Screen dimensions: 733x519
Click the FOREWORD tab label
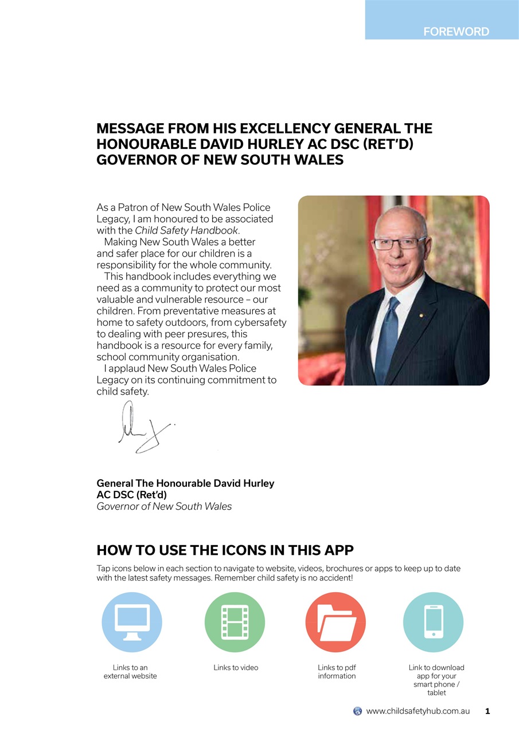click(456, 32)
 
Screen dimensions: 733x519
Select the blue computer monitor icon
click(132, 622)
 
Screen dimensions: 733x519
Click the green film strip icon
click(235, 622)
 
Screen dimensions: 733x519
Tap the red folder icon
click(335, 622)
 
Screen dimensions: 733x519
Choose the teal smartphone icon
click(434, 622)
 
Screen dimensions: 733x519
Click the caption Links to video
click(236, 668)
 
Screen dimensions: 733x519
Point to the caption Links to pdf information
click(337, 672)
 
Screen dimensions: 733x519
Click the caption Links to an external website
click(130, 672)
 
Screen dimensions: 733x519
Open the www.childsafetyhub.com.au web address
click(417, 711)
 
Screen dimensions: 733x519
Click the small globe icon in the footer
click(357, 711)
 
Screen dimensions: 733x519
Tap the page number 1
click(487, 711)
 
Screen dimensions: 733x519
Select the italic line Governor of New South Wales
click(164, 506)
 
